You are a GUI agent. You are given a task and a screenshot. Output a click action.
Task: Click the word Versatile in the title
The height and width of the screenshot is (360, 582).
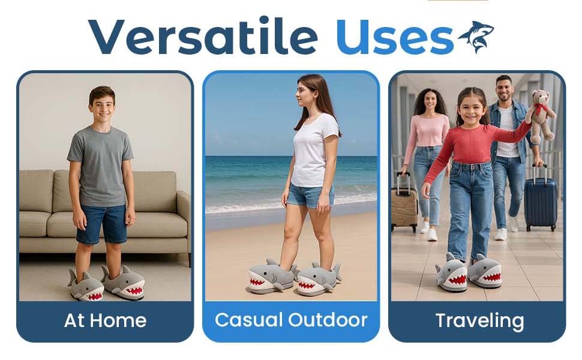(203, 35)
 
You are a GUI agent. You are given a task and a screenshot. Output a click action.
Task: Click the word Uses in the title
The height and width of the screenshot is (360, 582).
(395, 37)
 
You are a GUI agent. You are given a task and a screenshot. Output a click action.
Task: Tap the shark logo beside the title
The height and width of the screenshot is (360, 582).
(476, 37)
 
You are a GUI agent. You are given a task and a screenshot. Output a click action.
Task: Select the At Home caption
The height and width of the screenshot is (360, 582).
(106, 320)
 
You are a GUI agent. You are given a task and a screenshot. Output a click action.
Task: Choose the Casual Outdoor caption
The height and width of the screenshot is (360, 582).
(291, 320)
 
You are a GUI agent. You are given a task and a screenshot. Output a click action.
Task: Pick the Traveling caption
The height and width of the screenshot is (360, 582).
(479, 320)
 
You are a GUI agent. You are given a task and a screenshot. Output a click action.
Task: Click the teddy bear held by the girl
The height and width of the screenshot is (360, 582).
(542, 116)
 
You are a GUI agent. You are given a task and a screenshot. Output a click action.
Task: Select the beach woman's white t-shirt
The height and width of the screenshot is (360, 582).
(314, 151)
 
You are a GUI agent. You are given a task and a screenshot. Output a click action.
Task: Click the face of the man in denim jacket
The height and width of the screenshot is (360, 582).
(504, 89)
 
